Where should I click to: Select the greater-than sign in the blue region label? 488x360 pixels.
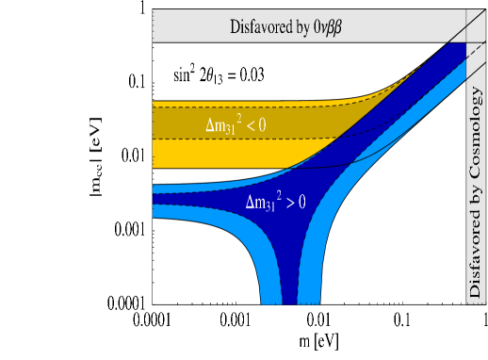point(303,202)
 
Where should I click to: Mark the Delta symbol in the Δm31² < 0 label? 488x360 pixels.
point(211,124)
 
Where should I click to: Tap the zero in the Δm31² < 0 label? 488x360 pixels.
point(278,124)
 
